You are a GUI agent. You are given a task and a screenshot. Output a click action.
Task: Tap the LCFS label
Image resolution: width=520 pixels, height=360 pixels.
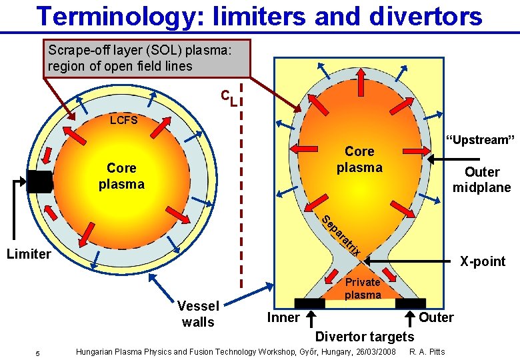pyautogui.click(x=124, y=121)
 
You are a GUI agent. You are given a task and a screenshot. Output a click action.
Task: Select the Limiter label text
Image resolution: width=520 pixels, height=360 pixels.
pyautogui.click(x=28, y=254)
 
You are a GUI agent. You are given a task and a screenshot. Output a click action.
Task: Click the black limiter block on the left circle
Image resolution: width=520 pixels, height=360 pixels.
pyautogui.click(x=40, y=181)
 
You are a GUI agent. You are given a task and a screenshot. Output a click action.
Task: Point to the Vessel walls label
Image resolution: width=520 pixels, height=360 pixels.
pyautogui.click(x=198, y=313)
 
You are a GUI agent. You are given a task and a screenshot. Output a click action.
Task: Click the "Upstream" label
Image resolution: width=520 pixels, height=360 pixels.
pyautogui.click(x=480, y=139)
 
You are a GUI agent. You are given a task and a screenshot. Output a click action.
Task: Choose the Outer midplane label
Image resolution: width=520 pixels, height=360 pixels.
pyautogui.click(x=481, y=179)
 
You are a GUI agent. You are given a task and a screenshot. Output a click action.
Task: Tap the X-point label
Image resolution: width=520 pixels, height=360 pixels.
pyautogui.click(x=483, y=261)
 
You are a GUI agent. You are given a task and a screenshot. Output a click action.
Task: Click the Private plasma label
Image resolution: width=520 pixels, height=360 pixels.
pyautogui.click(x=363, y=288)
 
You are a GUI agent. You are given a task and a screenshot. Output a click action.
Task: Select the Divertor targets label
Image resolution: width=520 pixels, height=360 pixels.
pyautogui.click(x=364, y=336)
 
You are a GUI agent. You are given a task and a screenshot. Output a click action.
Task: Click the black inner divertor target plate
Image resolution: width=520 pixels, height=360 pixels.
pyautogui.click(x=309, y=303)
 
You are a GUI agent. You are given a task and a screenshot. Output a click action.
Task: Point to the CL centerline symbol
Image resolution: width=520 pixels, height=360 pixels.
pyautogui.click(x=229, y=97)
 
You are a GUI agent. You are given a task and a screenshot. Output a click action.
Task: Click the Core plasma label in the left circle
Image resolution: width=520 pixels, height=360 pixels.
pyautogui.click(x=121, y=175)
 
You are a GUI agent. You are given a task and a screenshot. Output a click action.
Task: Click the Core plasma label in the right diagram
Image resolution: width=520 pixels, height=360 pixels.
pyautogui.click(x=359, y=159)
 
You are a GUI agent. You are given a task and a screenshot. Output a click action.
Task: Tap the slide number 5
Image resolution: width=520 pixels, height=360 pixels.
pyautogui.click(x=38, y=353)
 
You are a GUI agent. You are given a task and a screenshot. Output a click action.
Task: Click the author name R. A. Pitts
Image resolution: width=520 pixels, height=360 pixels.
pyautogui.click(x=427, y=351)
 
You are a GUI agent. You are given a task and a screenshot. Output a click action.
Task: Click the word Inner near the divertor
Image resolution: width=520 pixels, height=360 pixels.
pyautogui.click(x=283, y=317)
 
